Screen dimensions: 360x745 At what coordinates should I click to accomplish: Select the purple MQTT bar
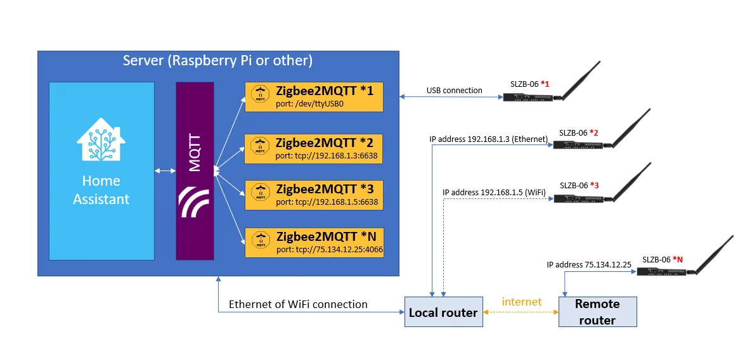[x=194, y=170]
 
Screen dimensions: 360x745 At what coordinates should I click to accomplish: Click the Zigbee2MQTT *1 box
[x=314, y=97]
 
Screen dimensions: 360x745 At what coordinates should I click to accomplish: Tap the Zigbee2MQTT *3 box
[x=314, y=195]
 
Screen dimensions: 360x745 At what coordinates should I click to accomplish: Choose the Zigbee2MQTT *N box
[x=314, y=242]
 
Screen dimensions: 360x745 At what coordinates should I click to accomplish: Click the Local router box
[x=443, y=312]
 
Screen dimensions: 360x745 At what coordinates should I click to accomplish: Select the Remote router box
[x=597, y=312]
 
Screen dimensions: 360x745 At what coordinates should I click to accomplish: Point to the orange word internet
[x=521, y=302]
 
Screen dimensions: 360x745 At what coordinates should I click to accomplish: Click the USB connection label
[x=454, y=91]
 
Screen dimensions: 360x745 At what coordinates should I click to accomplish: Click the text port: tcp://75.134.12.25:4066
[x=330, y=250]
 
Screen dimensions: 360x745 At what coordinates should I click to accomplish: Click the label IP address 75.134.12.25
[x=588, y=264]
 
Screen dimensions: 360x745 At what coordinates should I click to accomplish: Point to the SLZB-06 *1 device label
[x=529, y=84]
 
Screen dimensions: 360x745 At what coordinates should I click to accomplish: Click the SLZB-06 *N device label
[x=663, y=259]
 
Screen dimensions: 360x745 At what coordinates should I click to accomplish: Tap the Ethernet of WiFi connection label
[x=298, y=304]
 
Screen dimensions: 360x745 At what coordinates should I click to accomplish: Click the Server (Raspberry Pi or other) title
[x=217, y=61]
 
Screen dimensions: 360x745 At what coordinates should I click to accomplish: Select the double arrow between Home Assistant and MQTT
[x=165, y=171]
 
